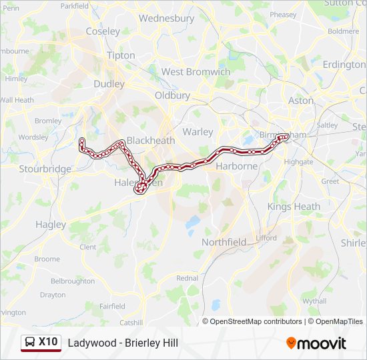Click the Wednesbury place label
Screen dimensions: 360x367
click(x=166, y=19)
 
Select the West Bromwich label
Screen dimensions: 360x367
click(x=196, y=71)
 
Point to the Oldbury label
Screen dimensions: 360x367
click(x=172, y=95)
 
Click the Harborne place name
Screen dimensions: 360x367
click(x=236, y=165)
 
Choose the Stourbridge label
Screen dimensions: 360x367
click(x=45, y=169)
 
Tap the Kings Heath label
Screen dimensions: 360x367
click(x=294, y=206)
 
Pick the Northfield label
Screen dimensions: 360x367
click(x=224, y=242)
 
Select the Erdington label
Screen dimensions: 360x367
click(x=344, y=65)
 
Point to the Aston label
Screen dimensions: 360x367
click(x=300, y=100)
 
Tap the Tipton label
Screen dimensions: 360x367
click(x=120, y=55)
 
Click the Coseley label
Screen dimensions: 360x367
click(x=103, y=31)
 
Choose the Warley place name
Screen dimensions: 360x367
click(x=198, y=131)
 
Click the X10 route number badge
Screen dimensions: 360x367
click(x=48, y=342)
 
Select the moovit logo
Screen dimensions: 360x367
click(x=316, y=343)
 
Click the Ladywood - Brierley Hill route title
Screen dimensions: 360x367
click(x=123, y=343)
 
